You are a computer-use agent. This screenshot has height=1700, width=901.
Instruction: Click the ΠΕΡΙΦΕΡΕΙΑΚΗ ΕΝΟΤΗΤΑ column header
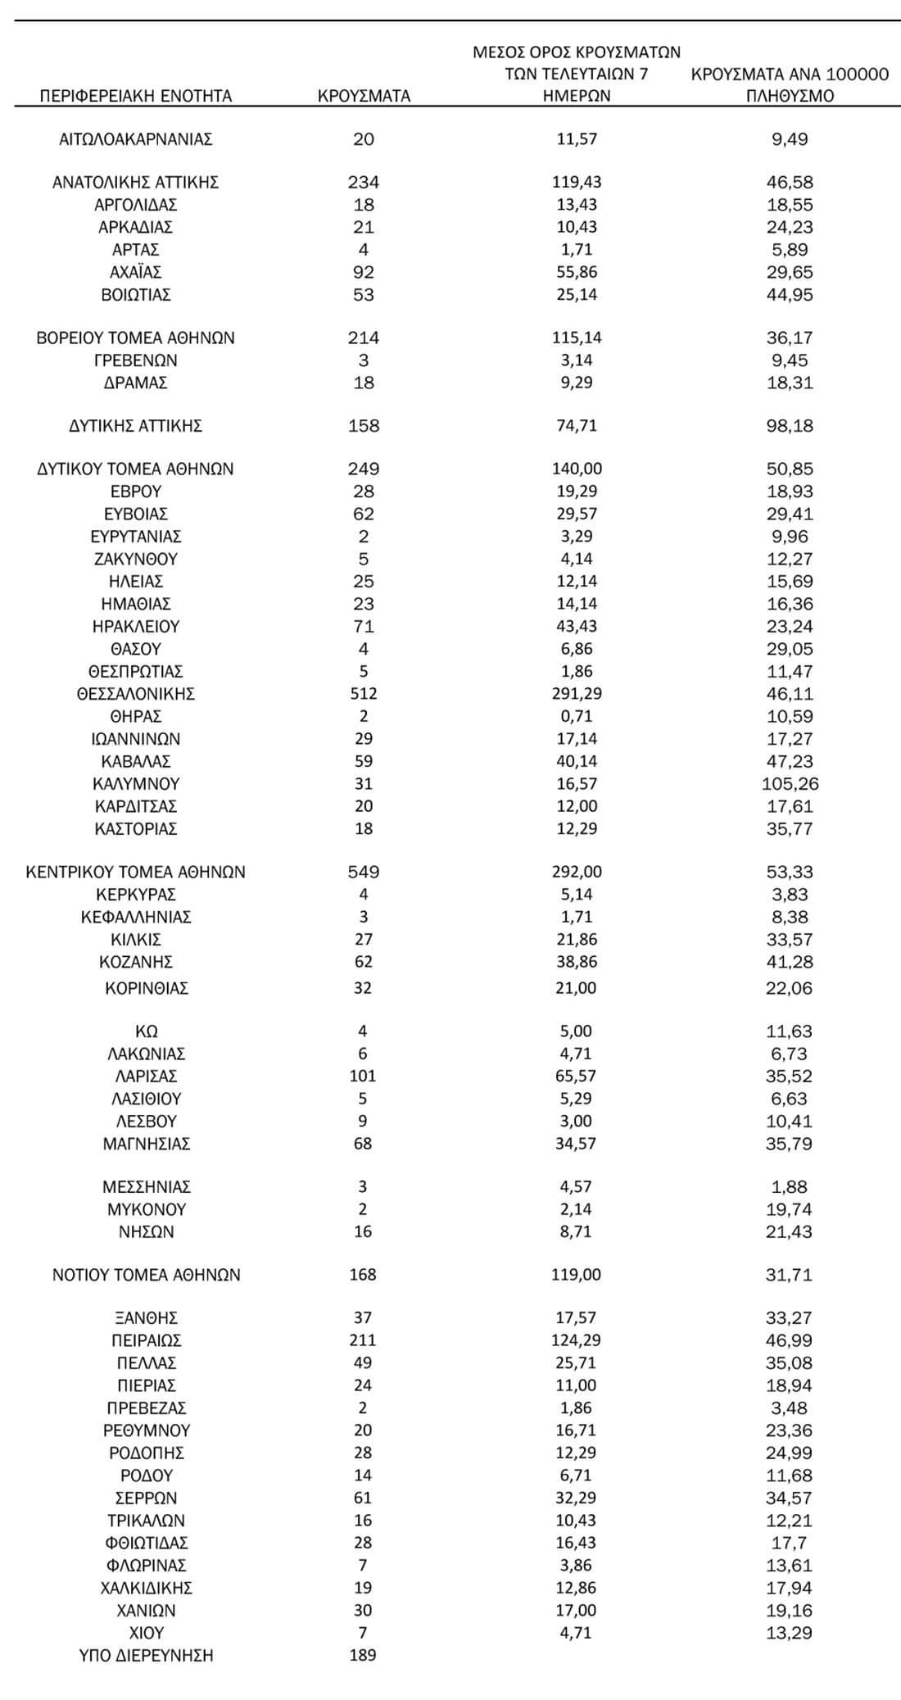pos(135,96)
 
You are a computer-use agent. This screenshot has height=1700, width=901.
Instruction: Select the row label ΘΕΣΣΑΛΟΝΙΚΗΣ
pos(135,694)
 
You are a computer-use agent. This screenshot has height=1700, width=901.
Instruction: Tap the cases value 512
pos(363,694)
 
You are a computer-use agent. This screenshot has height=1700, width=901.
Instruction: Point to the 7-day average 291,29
pos(577,694)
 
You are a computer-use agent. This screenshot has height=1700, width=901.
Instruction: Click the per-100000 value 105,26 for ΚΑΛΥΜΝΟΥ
pos(790,784)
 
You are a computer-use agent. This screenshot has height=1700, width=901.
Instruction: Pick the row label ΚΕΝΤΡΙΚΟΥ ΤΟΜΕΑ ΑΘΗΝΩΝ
pos(135,872)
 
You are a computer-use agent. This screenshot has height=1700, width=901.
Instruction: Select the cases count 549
pos(363,872)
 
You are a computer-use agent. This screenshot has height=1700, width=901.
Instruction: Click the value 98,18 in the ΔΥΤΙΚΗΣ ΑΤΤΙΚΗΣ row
pos(790,426)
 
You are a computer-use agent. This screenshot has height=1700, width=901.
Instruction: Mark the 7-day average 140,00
pos(577,469)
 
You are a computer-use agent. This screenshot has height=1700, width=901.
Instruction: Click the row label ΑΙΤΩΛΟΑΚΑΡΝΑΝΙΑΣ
pos(135,139)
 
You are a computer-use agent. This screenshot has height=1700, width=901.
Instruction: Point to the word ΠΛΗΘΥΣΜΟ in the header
pos(790,96)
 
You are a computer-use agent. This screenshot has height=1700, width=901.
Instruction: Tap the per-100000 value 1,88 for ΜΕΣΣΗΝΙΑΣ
pos(790,1187)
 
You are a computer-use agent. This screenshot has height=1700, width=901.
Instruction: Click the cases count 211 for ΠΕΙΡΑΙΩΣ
pos(362,1340)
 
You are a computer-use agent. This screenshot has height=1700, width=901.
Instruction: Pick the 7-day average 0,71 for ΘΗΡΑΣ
pos(577,717)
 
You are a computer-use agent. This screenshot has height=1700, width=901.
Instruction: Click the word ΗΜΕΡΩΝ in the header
pos(577,96)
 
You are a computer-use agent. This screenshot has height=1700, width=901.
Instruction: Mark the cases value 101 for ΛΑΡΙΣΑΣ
pos(362,1077)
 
